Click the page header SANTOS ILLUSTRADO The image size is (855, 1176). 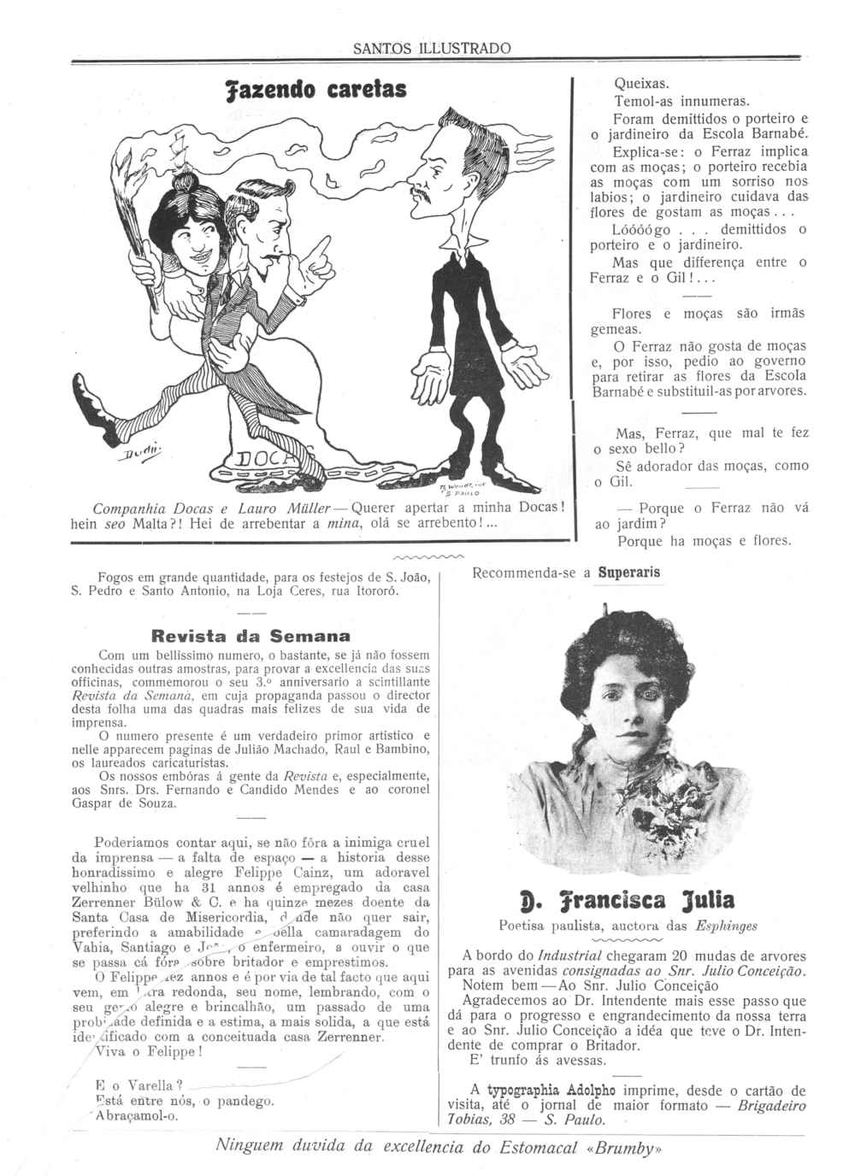pyautogui.click(x=432, y=49)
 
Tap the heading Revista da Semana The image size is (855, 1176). pyautogui.click(x=250, y=635)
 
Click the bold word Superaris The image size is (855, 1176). pyautogui.click(x=628, y=573)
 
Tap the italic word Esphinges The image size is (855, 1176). pyautogui.click(x=726, y=925)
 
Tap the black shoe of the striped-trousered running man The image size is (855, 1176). pyautogui.click(x=85, y=394)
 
